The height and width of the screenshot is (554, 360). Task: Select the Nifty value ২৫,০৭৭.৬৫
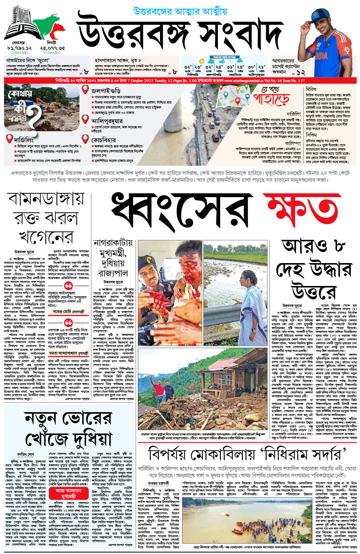point(53,48)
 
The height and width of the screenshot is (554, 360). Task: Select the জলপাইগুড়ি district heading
point(106,91)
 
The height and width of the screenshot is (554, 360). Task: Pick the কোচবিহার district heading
point(103,140)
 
